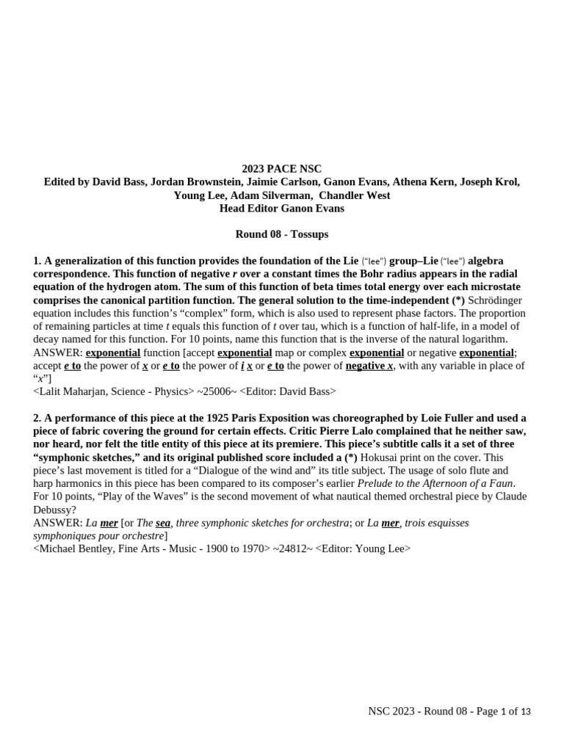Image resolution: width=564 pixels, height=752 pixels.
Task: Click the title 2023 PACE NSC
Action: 282,169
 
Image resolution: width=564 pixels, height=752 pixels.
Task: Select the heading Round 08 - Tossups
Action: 282,234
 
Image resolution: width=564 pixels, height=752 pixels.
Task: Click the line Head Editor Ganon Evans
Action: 282,209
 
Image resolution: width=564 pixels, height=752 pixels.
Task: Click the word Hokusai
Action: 384,458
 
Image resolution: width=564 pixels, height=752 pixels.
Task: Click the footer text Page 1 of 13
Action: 498,712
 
